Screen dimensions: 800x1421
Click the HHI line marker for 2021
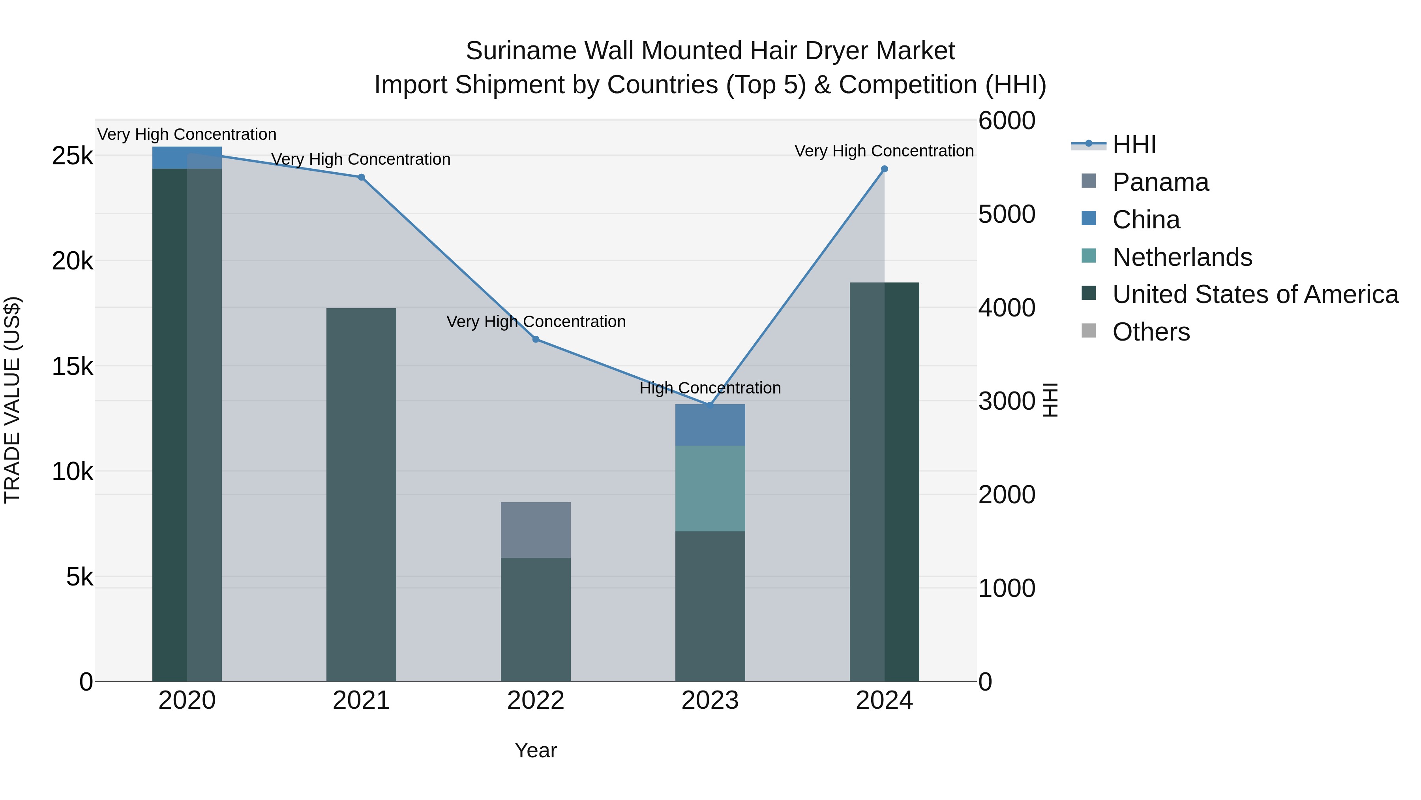[361, 177]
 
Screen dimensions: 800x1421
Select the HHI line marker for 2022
[536, 339]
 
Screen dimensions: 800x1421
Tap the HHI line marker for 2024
[884, 169]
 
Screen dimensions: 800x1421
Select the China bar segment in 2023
[710, 425]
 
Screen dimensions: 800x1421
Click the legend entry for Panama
[1160, 182]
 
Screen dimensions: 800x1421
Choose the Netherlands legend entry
[1181, 257]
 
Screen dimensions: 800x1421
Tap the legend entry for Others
[1151, 332]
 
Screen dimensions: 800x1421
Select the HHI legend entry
[1134, 145]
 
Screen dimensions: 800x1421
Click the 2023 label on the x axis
[710, 700]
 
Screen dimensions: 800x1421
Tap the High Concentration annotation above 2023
[710, 388]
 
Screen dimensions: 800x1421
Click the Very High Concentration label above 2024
[884, 151]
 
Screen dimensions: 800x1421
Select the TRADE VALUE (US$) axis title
[12, 400]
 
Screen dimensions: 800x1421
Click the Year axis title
[536, 750]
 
